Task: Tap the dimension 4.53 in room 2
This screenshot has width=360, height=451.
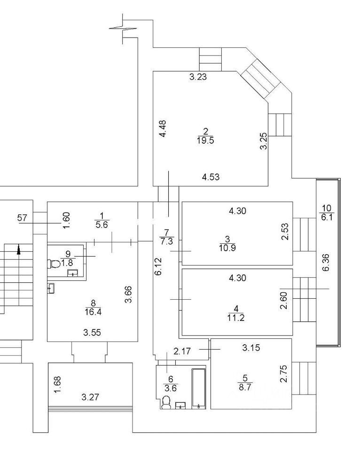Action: [x=211, y=177]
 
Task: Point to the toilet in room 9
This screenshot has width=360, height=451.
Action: [x=54, y=263]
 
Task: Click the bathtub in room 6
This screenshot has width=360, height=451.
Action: [x=199, y=389]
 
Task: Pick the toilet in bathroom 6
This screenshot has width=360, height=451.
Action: [x=165, y=403]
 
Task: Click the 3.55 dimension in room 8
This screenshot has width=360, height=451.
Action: [x=92, y=333]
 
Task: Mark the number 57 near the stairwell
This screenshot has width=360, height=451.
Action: [x=22, y=217]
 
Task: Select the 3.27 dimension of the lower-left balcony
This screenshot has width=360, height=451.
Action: [x=90, y=397]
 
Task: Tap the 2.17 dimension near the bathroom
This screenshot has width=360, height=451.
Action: [x=182, y=350]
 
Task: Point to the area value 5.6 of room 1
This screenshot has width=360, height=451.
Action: [x=102, y=225]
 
